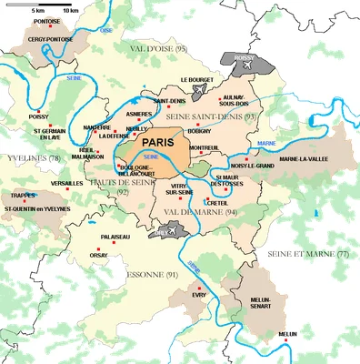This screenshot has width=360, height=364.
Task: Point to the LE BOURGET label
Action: (197, 80)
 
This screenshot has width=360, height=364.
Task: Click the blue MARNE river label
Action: (266, 144)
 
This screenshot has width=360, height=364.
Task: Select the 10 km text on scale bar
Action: (59, 10)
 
